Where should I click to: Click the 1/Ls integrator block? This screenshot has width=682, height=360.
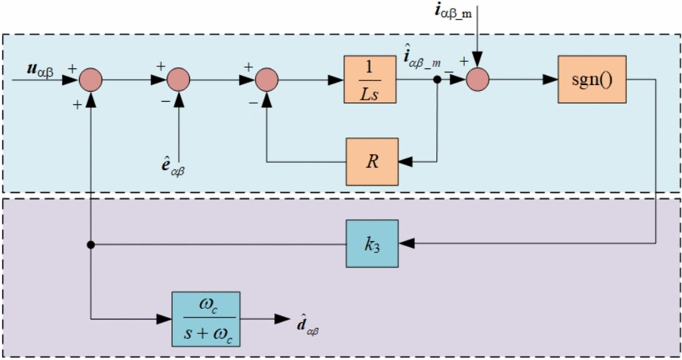pos(370,80)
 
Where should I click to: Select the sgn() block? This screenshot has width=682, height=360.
pos(585,80)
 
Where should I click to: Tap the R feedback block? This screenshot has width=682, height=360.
pos(372,161)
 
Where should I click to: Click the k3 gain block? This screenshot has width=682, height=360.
pos(372,244)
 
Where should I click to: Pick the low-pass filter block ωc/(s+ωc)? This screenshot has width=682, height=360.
pos(206,319)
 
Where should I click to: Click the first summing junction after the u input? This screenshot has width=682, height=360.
pos(90,80)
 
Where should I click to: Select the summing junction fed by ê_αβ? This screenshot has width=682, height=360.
pos(179,80)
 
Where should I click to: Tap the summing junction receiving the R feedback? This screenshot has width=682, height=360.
pos(267,80)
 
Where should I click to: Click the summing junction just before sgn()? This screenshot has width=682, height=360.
pos(476,80)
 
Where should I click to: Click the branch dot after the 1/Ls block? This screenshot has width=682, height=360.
pos(437,80)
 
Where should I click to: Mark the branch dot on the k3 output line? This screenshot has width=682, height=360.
pos(90,244)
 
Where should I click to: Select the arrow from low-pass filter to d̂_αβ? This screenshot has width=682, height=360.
pos(263,319)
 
